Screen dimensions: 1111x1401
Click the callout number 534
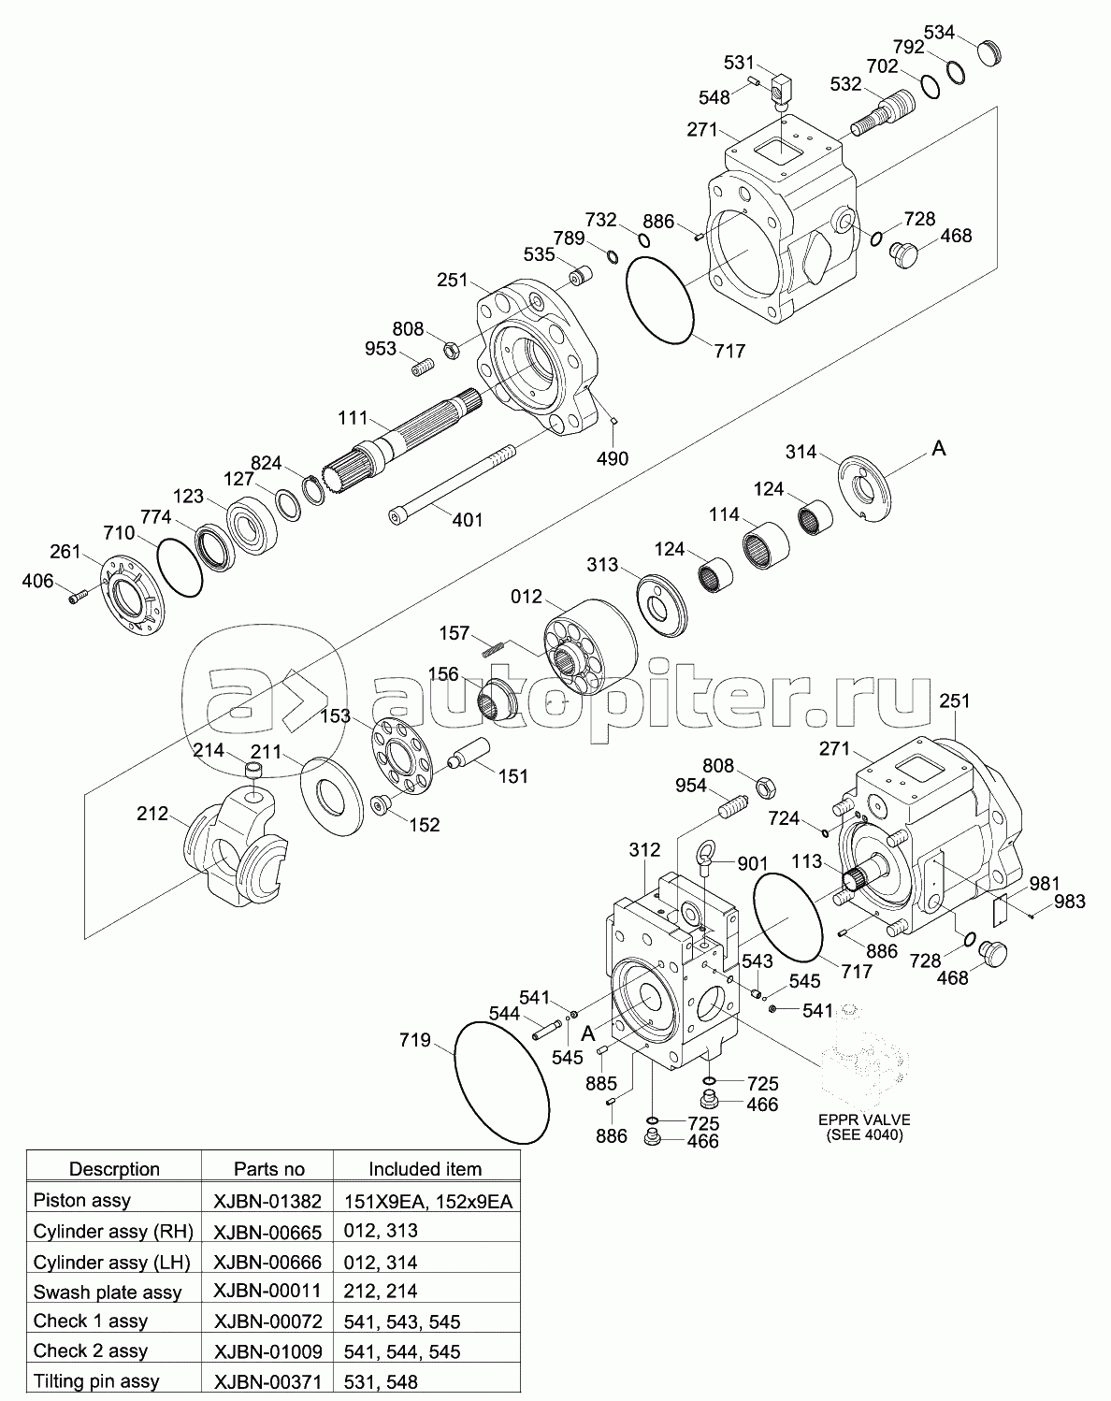coord(939,32)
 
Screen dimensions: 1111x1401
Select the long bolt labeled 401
coord(453,482)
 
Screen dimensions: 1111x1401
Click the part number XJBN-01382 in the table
coord(267,1202)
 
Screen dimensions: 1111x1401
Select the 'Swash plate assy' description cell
coord(108,1292)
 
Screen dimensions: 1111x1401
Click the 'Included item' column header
coord(426,1169)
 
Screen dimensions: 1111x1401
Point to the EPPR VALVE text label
coord(864,1120)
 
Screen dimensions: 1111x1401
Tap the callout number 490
coord(613,458)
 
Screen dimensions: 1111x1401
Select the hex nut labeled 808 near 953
coord(452,350)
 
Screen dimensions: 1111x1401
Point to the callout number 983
coord(1070,902)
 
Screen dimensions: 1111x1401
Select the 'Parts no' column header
coord(269,1169)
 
